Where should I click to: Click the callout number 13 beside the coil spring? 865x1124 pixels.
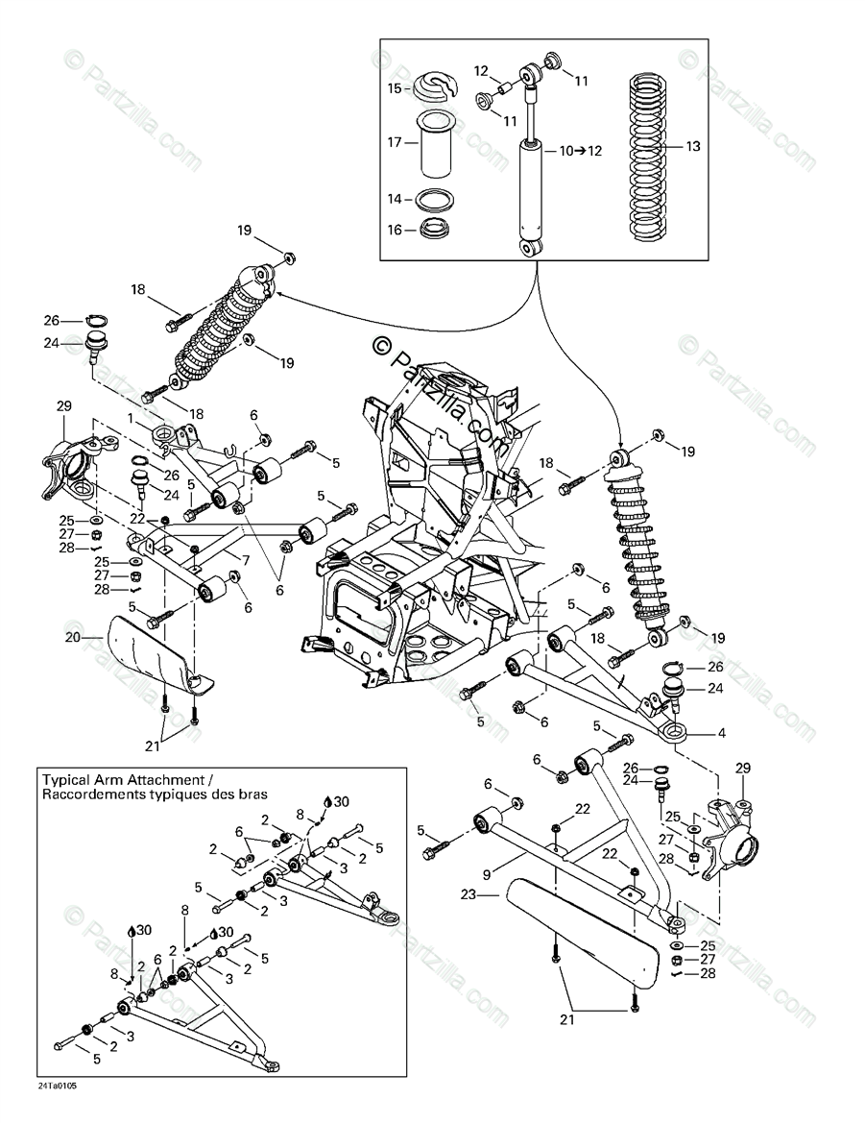(693, 147)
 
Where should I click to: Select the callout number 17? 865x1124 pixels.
(395, 142)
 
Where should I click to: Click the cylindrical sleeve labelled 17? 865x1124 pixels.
(434, 144)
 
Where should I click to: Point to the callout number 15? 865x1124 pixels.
(395, 88)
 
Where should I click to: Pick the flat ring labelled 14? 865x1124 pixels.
(434, 201)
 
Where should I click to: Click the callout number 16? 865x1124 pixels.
(395, 230)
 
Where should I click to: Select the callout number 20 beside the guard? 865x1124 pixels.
(74, 636)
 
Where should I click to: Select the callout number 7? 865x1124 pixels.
(247, 559)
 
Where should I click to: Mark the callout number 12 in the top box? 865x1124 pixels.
(481, 69)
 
